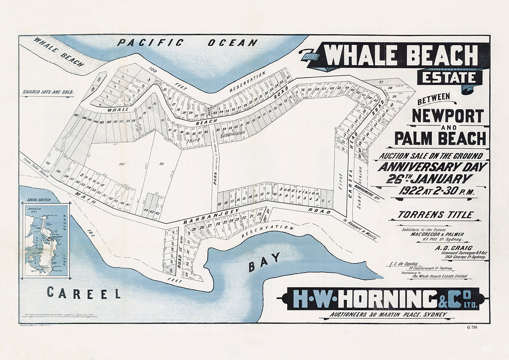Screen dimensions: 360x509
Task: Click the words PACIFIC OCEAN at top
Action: [x=187, y=42]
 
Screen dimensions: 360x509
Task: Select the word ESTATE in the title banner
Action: [x=449, y=78]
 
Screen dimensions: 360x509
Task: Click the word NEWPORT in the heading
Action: [x=447, y=116]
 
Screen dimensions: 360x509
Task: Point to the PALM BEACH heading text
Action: [x=440, y=139]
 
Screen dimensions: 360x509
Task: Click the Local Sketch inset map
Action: [x=46, y=240]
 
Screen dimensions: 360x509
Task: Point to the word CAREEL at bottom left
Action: [x=84, y=293]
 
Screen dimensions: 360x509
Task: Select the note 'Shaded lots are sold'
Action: [x=48, y=92]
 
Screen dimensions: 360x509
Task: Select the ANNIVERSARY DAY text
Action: [x=432, y=167]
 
